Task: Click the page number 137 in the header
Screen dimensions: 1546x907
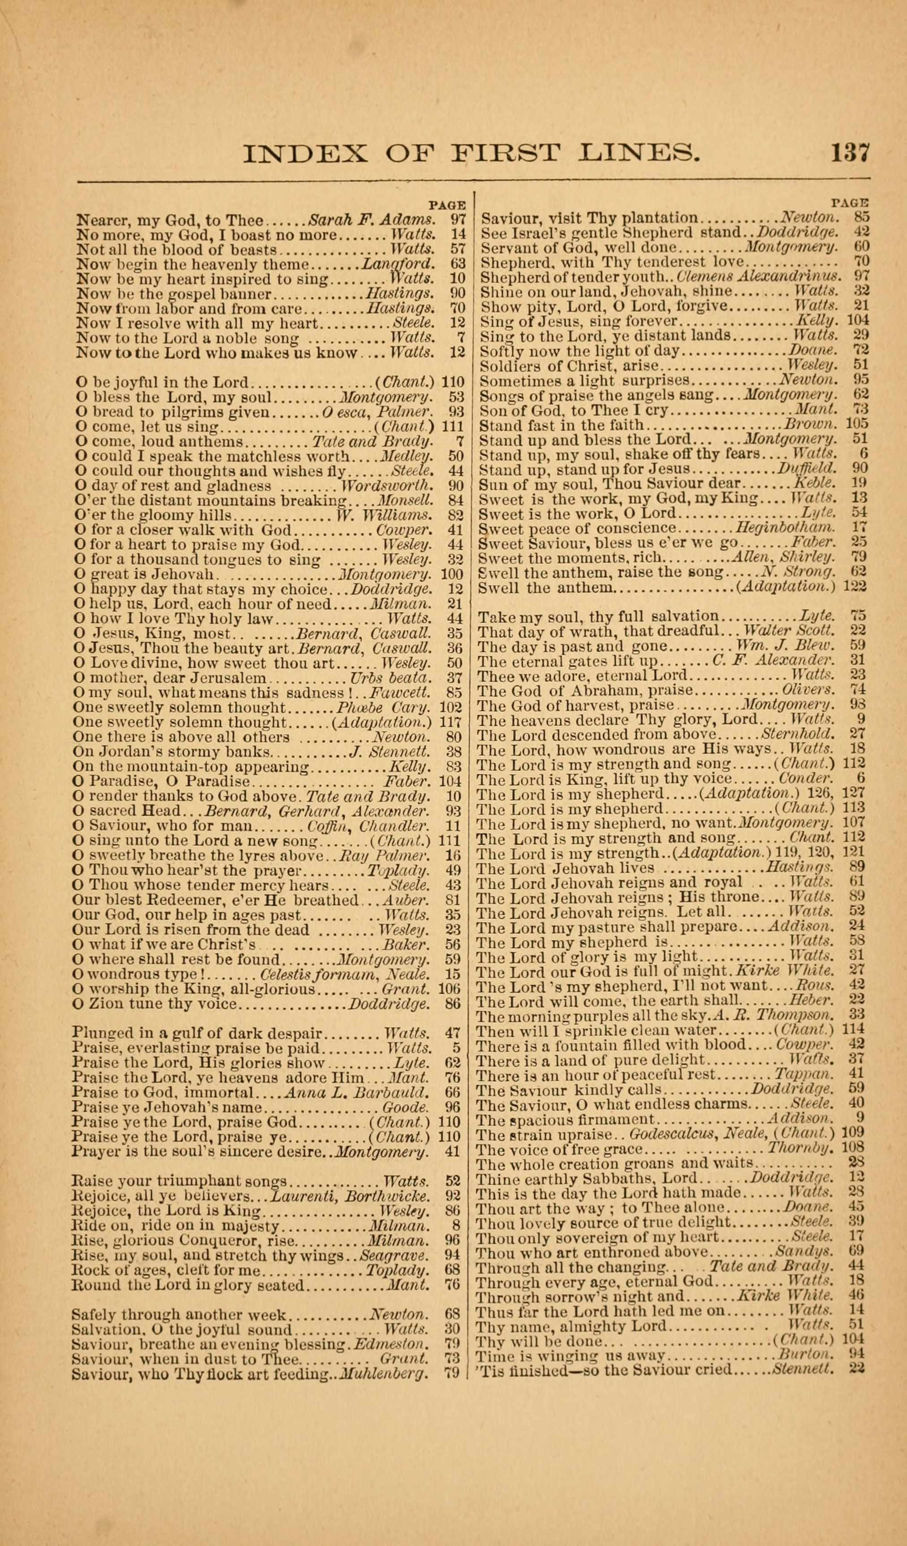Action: pos(850,152)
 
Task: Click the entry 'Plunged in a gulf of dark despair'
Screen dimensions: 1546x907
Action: pos(197,1032)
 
